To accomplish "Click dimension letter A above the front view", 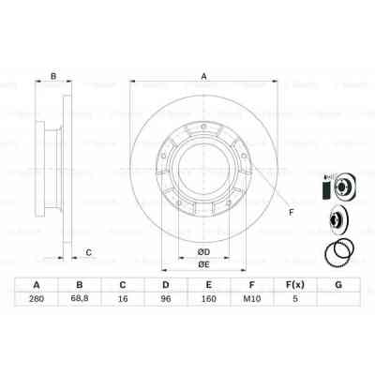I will coord(202,78).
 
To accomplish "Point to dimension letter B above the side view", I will coord(53,78).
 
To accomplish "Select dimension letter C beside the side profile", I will coord(87,251).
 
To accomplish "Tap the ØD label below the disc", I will coord(202,252).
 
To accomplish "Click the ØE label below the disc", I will coord(202,265).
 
